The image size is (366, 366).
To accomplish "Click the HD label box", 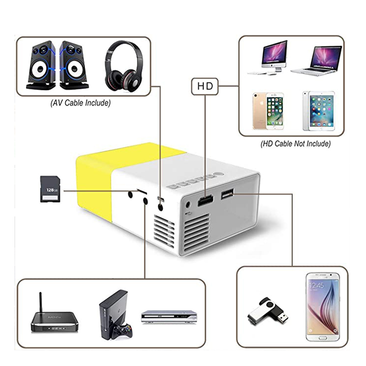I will click(x=205, y=87).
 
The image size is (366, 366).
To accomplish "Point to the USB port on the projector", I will click(x=227, y=195).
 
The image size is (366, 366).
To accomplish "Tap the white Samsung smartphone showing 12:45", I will click(x=322, y=307).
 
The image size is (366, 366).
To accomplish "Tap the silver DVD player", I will click(x=169, y=317).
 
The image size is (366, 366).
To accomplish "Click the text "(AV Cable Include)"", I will click(x=80, y=103).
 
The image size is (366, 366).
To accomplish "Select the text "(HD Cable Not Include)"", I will click(x=295, y=143).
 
